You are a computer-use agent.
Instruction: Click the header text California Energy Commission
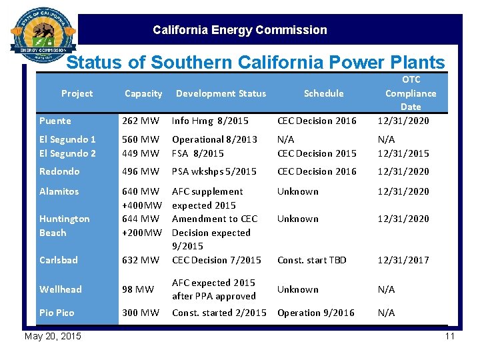coord(239,30)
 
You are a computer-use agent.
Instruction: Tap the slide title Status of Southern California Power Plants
coord(255,63)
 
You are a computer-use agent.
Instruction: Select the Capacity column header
coord(143,93)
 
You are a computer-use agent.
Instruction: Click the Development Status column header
coord(221,93)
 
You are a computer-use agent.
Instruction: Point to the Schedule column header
coord(323,93)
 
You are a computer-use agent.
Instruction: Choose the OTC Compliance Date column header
coord(411,93)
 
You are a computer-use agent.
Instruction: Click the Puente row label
coord(55,121)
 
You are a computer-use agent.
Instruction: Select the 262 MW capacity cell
coord(141,121)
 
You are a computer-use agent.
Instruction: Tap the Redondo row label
coord(59,171)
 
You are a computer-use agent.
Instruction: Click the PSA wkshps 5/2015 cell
coord(214,171)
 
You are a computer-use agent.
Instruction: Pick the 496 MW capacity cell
coord(141,171)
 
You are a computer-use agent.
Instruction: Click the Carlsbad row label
coord(59,260)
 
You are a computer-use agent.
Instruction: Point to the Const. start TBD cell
coord(312,260)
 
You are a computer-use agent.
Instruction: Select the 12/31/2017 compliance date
coord(403,260)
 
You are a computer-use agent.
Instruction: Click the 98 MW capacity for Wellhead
coord(138,289)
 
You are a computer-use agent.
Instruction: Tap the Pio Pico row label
coord(57,313)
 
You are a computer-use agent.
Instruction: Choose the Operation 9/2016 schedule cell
coord(316,313)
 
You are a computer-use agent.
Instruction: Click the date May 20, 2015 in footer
coord(53,336)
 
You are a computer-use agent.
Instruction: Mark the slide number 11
coord(449,336)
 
